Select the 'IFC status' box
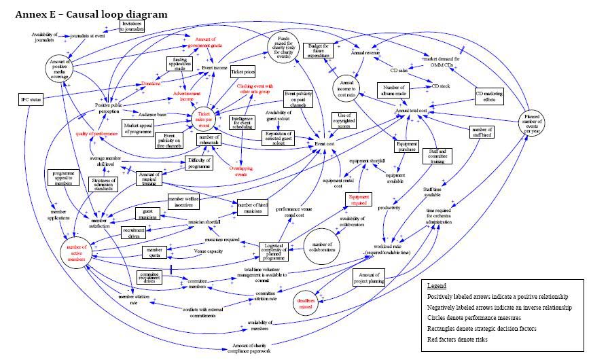coord(31,101)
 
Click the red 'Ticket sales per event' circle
coord(209,117)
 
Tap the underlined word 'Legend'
coord(437,285)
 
